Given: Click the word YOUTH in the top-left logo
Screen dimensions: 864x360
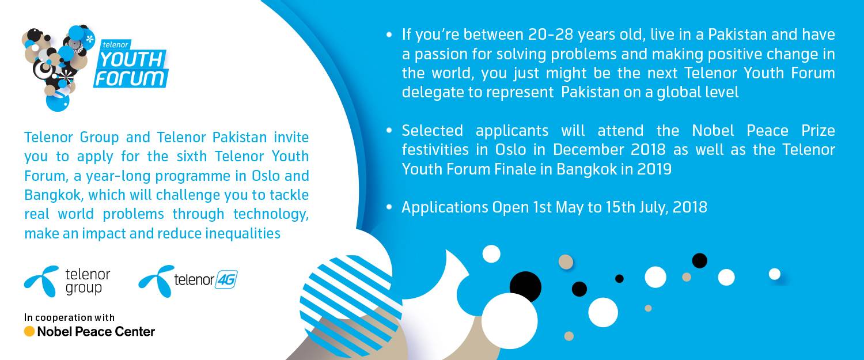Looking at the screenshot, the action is coord(131,60).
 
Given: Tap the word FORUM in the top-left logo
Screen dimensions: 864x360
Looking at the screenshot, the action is coord(130,78).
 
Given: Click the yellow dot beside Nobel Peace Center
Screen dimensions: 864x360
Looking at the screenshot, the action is coord(29,331).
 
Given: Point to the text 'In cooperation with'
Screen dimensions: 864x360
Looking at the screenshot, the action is coord(70,317).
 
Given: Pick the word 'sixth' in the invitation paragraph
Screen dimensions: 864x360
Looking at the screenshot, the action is coord(191,156).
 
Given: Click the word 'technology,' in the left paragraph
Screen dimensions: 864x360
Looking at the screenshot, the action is coord(271,214).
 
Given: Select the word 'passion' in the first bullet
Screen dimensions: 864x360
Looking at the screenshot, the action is coord(439,54).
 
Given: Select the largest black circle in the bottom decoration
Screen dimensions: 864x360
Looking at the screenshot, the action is coord(525,287).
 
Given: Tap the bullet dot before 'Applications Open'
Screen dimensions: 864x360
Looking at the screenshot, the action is coord(389,207).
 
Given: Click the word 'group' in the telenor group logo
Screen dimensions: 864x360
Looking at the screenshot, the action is coord(84,288).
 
